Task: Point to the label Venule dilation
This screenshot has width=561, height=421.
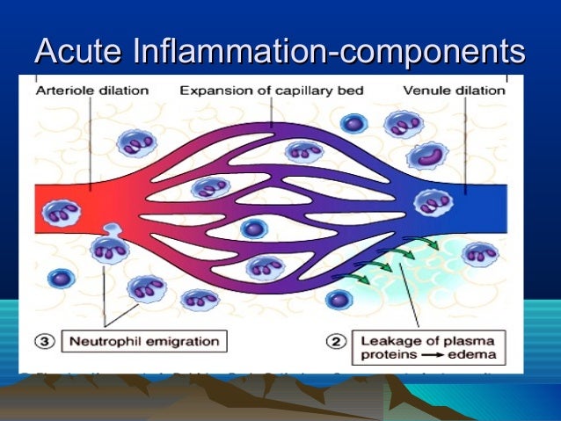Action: pyautogui.click(x=449, y=90)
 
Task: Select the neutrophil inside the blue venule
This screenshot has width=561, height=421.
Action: pyautogui.click(x=433, y=204)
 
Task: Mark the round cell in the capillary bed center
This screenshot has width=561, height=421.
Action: pyautogui.click(x=255, y=229)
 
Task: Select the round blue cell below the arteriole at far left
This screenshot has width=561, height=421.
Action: pyautogui.click(x=60, y=279)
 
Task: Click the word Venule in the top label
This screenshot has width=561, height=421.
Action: pyautogui.click(x=426, y=90)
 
